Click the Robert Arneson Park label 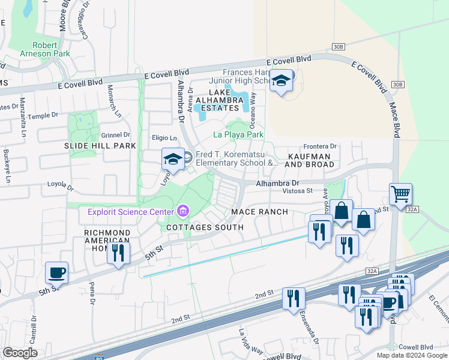click(45, 49)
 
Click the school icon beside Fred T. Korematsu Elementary click(172, 159)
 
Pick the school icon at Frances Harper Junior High click(280, 81)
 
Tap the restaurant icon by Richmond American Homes click(118, 253)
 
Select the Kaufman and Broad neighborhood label click(310, 159)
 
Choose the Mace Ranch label click(261, 212)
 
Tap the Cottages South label click(205, 227)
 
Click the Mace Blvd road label click(395, 118)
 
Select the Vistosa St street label click(298, 191)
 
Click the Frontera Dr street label click(321, 146)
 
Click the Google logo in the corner click(20, 353)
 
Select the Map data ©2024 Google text click(411, 355)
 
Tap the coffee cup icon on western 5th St click(57, 273)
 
